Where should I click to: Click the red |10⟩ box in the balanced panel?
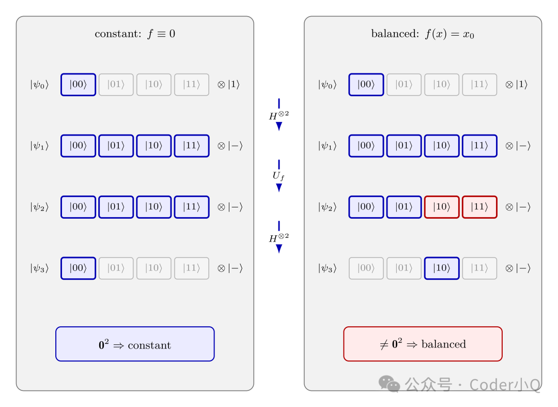(x=442, y=207)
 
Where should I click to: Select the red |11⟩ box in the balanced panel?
(x=479, y=207)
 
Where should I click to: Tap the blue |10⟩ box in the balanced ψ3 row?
(x=442, y=268)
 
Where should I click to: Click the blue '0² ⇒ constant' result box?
(x=135, y=344)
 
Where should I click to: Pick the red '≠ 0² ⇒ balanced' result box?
(x=423, y=344)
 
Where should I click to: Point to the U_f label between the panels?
(x=278, y=176)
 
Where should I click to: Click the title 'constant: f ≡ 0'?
(x=135, y=34)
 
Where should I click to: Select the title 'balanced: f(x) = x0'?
(x=423, y=34)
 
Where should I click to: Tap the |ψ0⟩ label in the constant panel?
(x=39, y=85)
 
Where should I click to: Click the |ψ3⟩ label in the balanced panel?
(x=328, y=268)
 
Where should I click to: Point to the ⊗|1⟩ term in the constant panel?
(x=228, y=84)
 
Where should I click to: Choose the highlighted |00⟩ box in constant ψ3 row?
(x=79, y=268)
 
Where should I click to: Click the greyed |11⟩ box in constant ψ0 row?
(x=192, y=85)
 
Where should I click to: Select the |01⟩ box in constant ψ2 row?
(x=116, y=207)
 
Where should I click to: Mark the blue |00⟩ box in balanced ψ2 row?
(x=366, y=207)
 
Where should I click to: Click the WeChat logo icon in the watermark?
(x=389, y=384)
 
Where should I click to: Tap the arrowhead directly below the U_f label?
(x=279, y=188)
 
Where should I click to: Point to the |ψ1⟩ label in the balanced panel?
(x=328, y=146)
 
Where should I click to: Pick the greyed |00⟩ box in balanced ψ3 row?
(x=366, y=268)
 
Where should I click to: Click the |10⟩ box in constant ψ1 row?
(x=154, y=146)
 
